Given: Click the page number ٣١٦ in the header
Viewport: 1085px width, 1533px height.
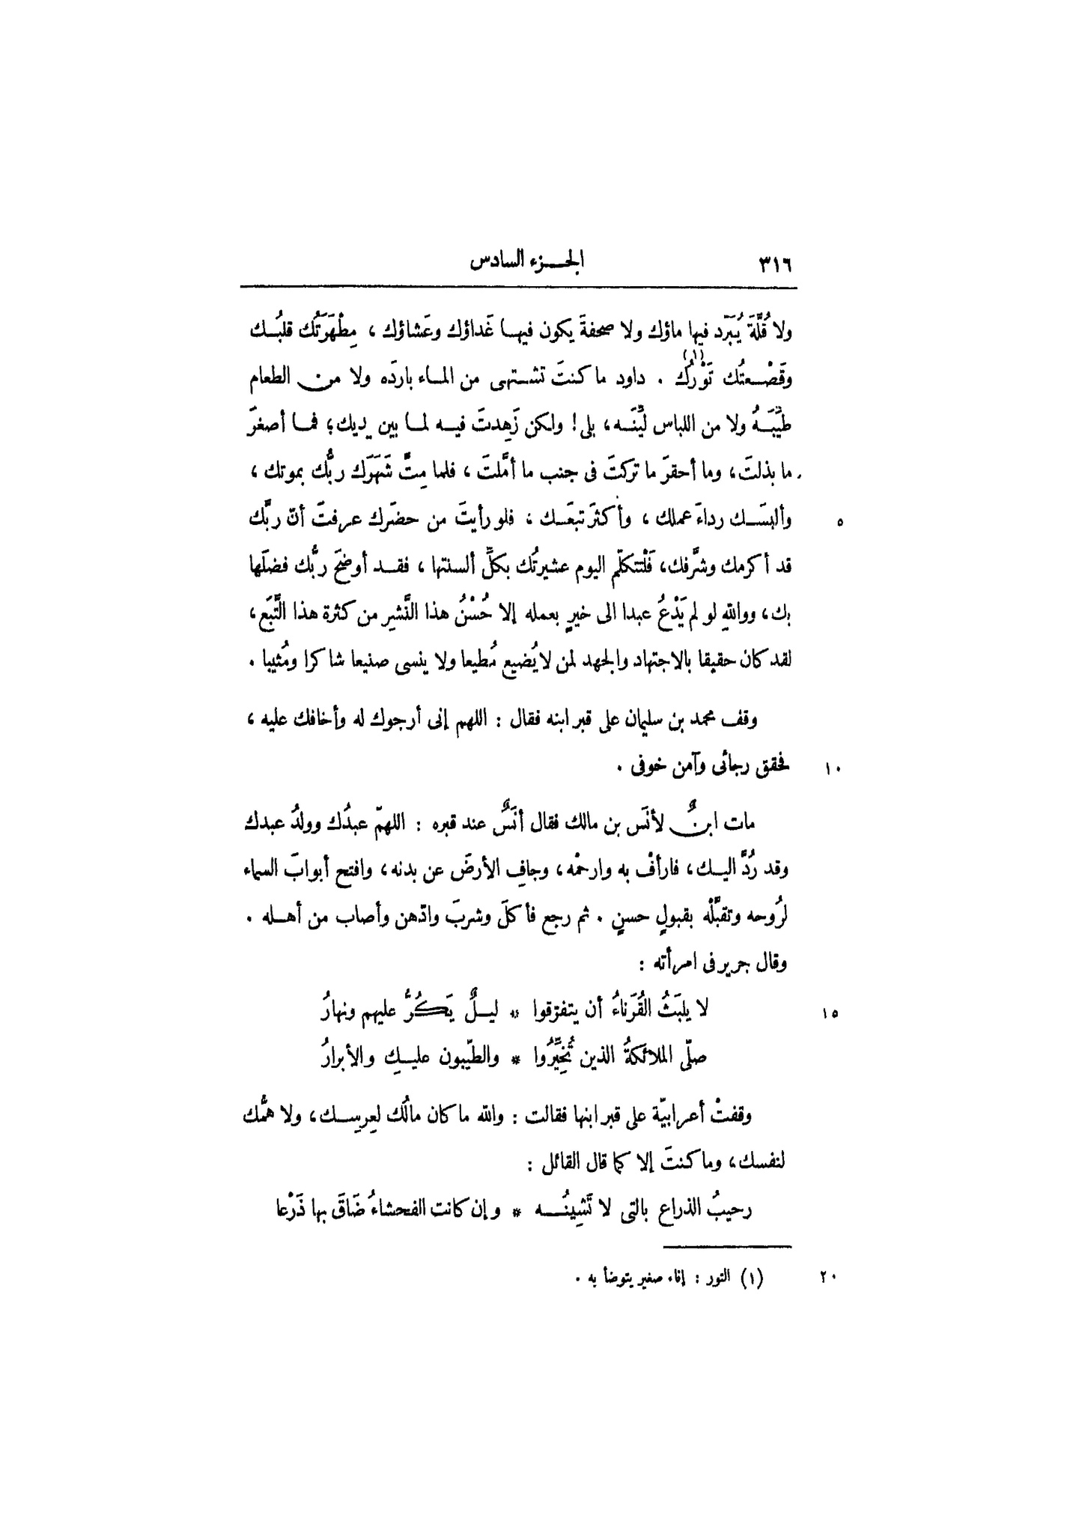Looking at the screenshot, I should (775, 264).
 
